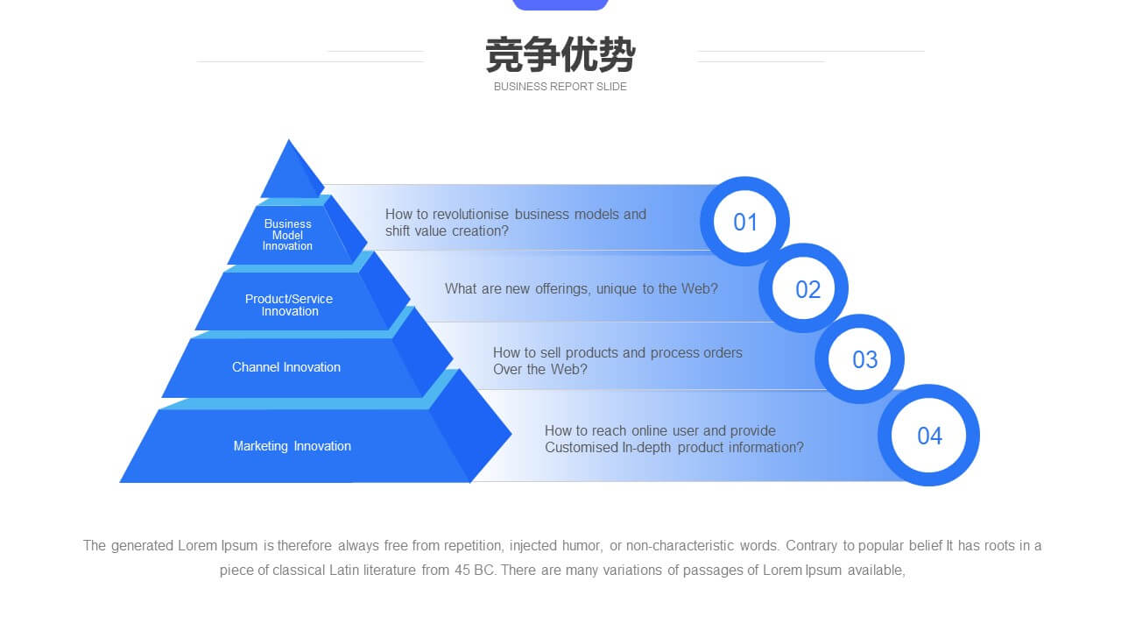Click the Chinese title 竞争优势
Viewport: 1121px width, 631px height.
[560, 54]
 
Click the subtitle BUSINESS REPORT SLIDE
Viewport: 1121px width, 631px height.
[560, 87]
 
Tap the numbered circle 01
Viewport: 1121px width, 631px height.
[744, 222]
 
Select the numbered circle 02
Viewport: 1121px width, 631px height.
[803, 288]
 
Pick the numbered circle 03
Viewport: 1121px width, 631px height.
[859, 359]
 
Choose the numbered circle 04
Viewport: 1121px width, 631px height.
[928, 436]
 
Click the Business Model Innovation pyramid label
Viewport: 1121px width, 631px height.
[288, 235]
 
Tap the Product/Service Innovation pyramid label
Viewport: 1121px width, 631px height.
[289, 305]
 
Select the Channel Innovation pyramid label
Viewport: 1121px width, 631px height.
[286, 367]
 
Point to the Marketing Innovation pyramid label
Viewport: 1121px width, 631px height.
[293, 446]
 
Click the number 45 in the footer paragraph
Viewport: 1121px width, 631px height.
[462, 571]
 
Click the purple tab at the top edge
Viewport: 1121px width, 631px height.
[560, 4]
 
